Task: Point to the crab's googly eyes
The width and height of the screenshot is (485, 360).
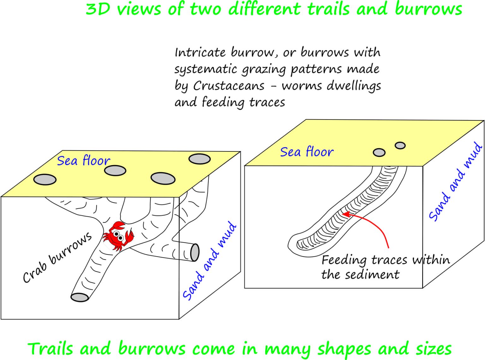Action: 118,235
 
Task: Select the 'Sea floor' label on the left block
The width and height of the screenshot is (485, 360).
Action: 84,161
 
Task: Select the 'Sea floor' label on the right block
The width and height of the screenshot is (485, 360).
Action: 307,151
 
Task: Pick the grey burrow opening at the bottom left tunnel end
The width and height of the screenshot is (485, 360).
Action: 80,297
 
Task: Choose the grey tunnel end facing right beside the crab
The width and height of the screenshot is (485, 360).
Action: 195,252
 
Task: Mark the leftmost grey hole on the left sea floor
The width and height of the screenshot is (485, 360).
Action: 45,180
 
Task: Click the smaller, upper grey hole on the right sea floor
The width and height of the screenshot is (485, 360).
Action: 400,145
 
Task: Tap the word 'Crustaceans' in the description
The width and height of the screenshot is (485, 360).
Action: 229,86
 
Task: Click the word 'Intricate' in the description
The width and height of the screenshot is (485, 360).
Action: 200,52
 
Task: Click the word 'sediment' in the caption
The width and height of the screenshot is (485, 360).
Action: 372,275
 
